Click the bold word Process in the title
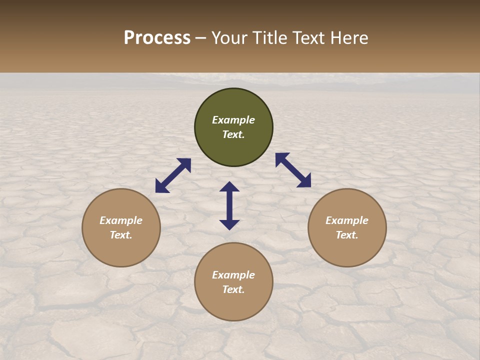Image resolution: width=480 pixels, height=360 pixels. point(157,38)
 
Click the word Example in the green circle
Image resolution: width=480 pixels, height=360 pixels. point(233,120)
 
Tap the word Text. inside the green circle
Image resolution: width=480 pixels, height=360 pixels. point(233,134)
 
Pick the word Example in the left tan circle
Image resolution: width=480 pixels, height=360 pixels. point(121,220)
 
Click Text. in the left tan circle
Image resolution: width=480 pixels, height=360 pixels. point(121,235)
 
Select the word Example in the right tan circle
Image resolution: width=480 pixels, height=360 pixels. point(347,220)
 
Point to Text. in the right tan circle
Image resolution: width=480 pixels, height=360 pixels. point(347,235)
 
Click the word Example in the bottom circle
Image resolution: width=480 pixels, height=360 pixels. point(233,275)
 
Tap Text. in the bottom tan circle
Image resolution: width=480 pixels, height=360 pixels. point(233,289)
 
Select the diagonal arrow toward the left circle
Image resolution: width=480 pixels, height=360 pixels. point(173,175)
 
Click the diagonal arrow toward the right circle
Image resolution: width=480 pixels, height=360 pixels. point(293,170)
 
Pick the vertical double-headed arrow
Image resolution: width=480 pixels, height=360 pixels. point(229,205)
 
